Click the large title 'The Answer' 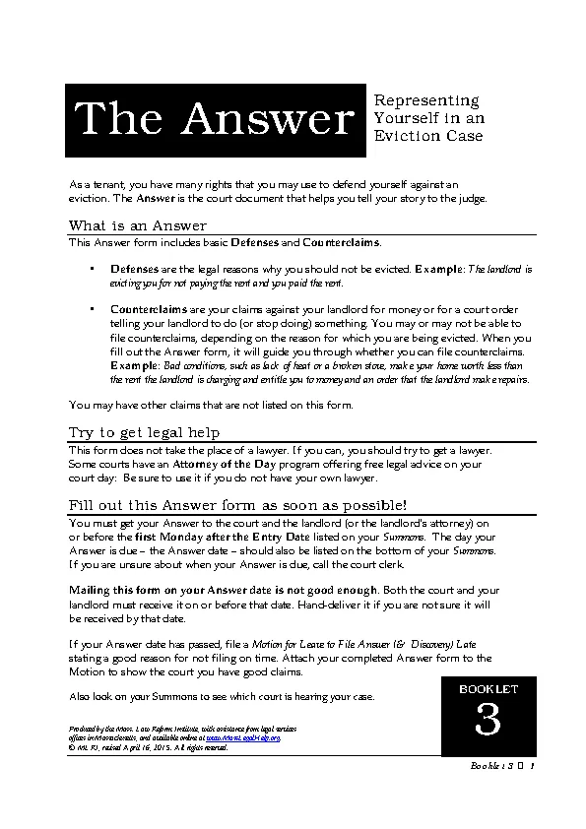tap(216, 120)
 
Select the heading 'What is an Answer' tap(138, 225)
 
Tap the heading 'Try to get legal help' tap(144, 432)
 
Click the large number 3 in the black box tap(488, 722)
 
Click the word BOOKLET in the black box tap(488, 688)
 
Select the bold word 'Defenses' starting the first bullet tap(132, 269)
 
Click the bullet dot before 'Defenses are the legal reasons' tap(92, 269)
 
